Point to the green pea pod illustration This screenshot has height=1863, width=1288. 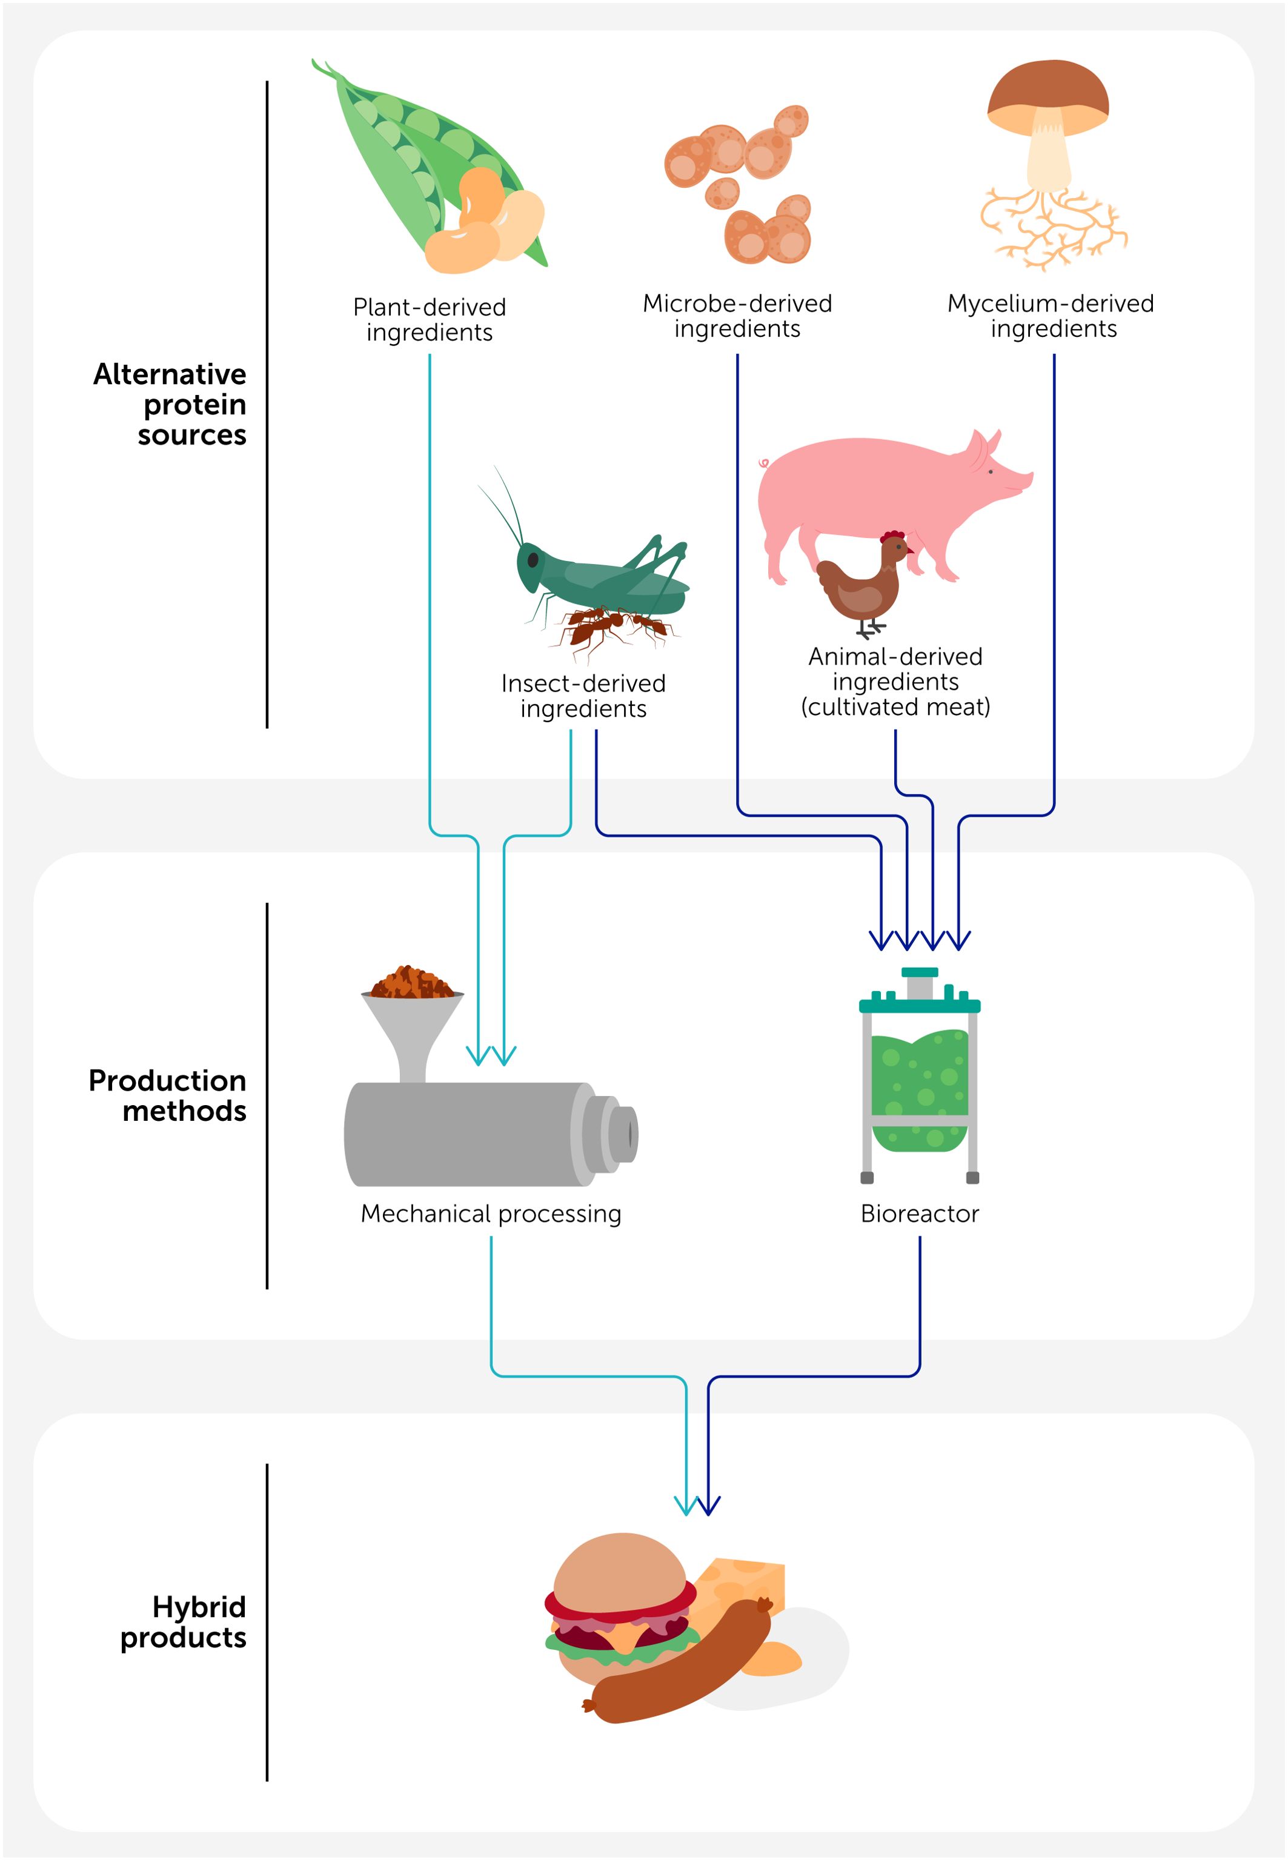[x=403, y=153]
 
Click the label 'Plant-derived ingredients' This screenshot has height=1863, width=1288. [x=430, y=319]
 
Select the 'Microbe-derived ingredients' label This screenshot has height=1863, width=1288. [x=737, y=316]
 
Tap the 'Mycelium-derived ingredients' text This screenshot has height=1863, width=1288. [x=1051, y=316]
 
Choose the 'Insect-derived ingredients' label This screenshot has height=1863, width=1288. [x=583, y=696]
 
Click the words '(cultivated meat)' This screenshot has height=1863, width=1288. [x=895, y=708]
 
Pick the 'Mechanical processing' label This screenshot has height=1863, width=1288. [x=491, y=1214]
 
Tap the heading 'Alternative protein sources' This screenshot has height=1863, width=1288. [x=171, y=404]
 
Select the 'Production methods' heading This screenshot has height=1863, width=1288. [x=168, y=1096]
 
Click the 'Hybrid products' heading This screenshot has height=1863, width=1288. [x=184, y=1622]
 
